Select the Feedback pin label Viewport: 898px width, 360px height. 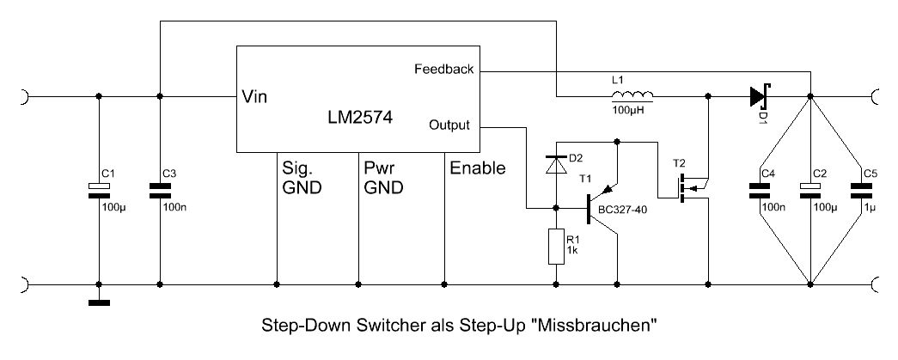pyautogui.click(x=443, y=69)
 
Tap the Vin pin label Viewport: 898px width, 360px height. pyautogui.click(x=254, y=96)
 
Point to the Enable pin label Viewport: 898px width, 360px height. pyautogui.click(x=477, y=168)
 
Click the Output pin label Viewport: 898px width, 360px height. pyautogui.click(x=449, y=125)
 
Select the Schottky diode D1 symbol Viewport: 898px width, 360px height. pyautogui.click(x=757, y=95)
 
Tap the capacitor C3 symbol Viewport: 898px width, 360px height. pyautogui.click(x=159, y=191)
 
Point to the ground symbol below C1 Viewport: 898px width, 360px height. pyautogui.click(x=99, y=302)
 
